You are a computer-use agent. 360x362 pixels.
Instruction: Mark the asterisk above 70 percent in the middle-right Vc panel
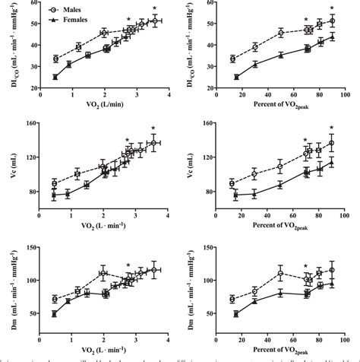(305, 140)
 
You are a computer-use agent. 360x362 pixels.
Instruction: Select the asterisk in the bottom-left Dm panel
(128, 266)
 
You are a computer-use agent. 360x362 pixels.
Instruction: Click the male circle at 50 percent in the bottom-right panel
(280, 273)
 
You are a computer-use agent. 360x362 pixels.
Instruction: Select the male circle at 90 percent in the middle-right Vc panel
(331, 143)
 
